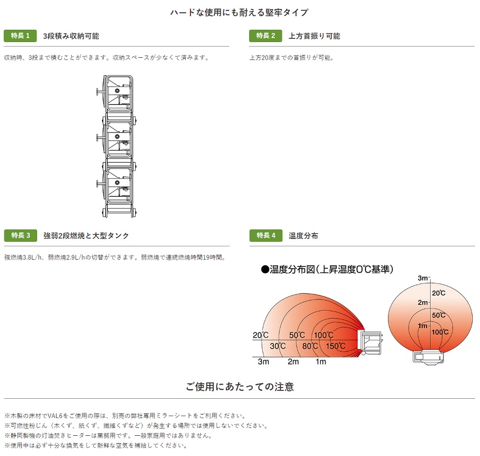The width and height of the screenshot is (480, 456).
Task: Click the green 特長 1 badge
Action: coord(20,36)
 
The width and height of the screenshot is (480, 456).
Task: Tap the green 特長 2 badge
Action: coord(266,36)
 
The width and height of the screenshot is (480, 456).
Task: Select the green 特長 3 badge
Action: coord(20,236)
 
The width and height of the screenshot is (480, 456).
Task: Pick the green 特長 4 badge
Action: coord(266,236)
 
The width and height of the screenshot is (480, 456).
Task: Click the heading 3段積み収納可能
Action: coord(71,36)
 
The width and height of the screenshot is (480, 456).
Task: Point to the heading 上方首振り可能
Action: coord(314,36)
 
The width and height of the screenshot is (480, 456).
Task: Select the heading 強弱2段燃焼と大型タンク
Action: coord(86,236)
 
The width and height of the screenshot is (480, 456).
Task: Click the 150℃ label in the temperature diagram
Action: coord(335,346)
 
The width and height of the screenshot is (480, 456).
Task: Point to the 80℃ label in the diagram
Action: coord(310,346)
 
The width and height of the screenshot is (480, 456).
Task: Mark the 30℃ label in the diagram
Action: coord(277,346)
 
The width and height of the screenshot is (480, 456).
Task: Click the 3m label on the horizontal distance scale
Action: coord(263,362)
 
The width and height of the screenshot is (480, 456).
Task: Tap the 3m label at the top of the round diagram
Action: coord(423,278)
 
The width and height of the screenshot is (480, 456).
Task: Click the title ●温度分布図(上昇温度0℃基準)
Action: coord(327,269)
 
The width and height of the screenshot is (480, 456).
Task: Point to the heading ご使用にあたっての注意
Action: coord(240,386)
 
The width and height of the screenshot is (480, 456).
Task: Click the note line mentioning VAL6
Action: coord(125,416)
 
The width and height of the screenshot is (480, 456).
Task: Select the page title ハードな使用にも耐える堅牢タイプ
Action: coord(239,12)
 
